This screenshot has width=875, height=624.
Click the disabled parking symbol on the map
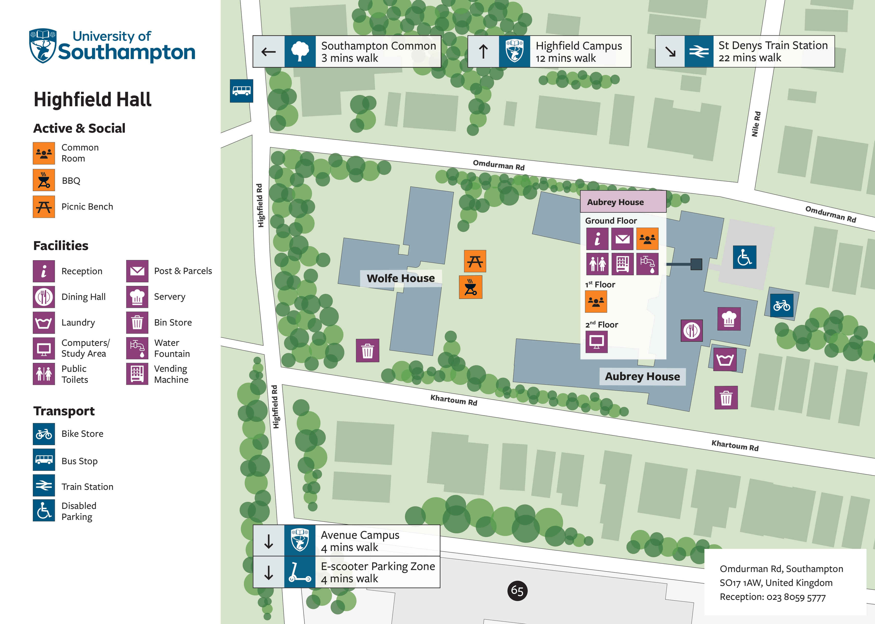[x=744, y=257]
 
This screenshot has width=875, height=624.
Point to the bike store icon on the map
[x=782, y=306]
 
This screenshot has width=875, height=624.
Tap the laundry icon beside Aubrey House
[x=725, y=359]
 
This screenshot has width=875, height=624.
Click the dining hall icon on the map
[x=692, y=330]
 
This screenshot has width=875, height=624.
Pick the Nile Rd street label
[x=756, y=124]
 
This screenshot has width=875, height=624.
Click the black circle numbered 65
[x=517, y=591]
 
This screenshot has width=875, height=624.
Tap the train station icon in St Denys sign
[x=699, y=52]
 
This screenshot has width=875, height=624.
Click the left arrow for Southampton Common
[x=269, y=52]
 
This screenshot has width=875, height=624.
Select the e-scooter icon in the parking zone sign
[x=299, y=572]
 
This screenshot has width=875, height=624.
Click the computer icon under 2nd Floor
[x=596, y=342]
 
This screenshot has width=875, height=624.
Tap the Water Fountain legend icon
[x=137, y=348]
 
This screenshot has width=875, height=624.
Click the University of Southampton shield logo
[x=43, y=45]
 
